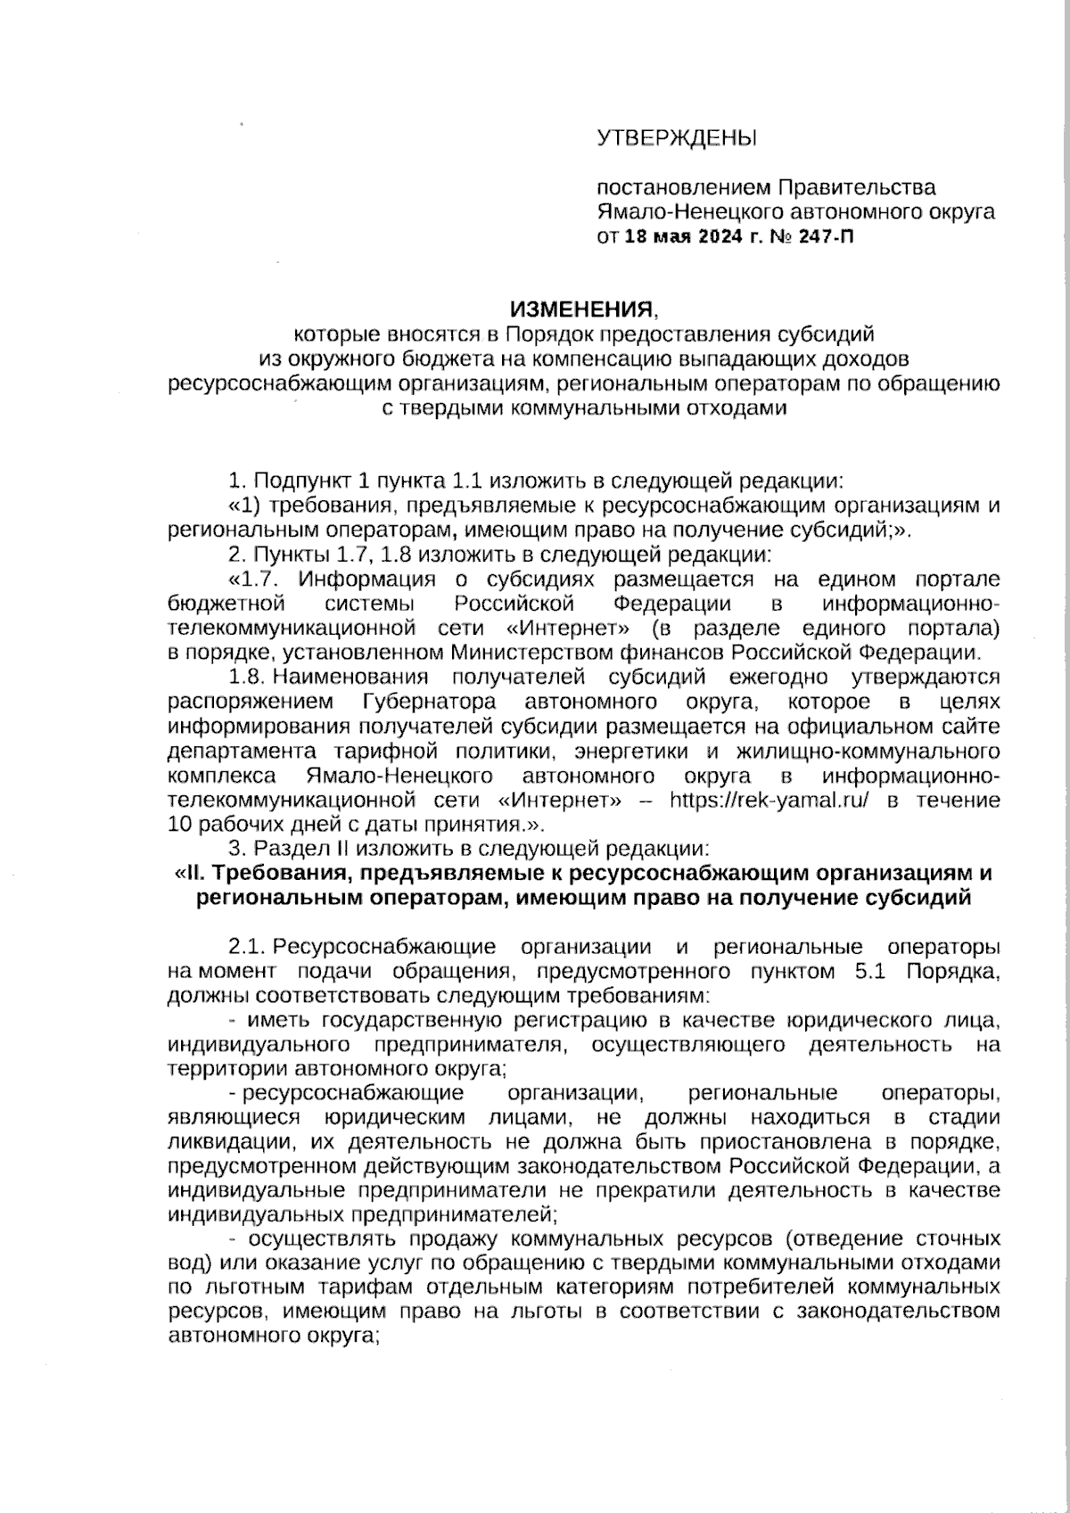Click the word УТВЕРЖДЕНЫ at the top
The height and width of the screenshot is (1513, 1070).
pyautogui.click(x=676, y=138)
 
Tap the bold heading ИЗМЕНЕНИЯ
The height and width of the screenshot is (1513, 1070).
pyautogui.click(x=581, y=309)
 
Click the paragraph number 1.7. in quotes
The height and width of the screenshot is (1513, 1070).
pyautogui.click(x=266, y=580)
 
